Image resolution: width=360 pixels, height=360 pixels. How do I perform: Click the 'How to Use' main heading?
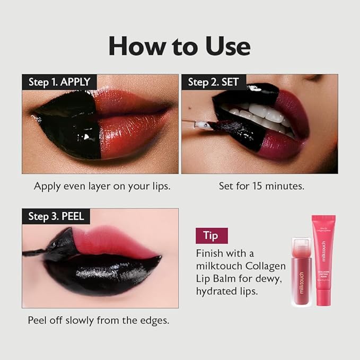point(179,47)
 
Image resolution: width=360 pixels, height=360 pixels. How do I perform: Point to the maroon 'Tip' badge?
point(212,235)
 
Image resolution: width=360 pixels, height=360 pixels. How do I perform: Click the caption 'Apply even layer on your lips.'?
point(102,186)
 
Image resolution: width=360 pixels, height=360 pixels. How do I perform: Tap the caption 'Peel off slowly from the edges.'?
point(98,321)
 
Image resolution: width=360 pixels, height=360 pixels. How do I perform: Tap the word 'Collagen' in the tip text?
point(266,265)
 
